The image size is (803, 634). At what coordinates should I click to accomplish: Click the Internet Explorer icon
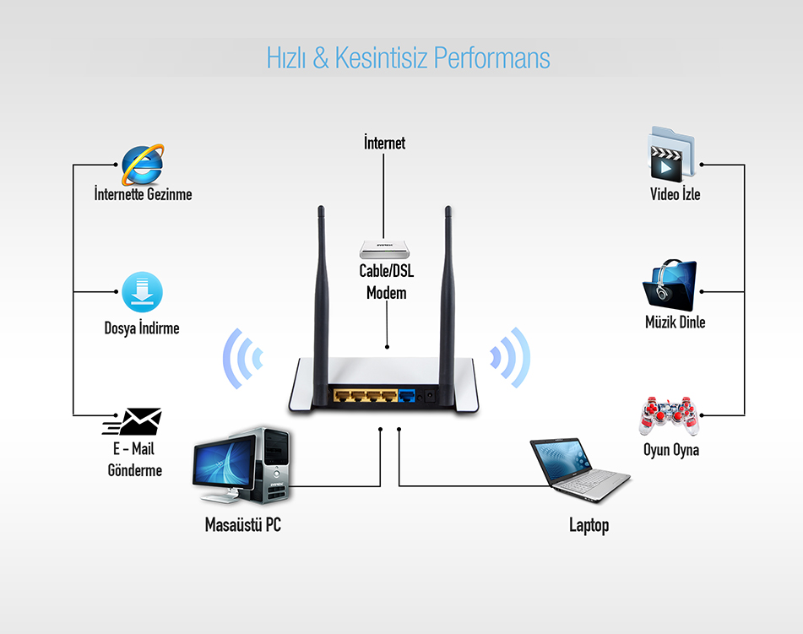pyautogui.click(x=143, y=165)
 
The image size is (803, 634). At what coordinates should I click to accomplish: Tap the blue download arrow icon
pyautogui.click(x=143, y=292)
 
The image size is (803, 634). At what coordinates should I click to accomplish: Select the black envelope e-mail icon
pyautogui.click(x=133, y=422)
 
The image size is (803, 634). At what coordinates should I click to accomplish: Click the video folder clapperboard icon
pyautogui.click(x=671, y=154)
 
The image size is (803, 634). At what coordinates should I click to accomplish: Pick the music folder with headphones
pyautogui.click(x=670, y=285)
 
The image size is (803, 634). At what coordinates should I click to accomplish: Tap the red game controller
pyautogui.click(x=669, y=415)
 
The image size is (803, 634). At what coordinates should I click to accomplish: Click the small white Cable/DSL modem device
pyautogui.click(x=384, y=249)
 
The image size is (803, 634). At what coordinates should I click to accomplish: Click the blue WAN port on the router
pyautogui.click(x=407, y=395)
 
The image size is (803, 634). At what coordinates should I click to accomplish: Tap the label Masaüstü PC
pyautogui.click(x=242, y=524)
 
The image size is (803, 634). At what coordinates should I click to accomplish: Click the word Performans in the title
pyautogui.click(x=491, y=57)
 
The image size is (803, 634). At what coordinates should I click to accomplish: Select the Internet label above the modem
pyautogui.click(x=384, y=143)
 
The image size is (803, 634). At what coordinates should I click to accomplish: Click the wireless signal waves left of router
pyautogui.click(x=242, y=359)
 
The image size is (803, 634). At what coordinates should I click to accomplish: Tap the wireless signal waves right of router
pyautogui.click(x=510, y=357)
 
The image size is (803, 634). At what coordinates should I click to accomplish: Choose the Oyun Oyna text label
pyautogui.click(x=671, y=450)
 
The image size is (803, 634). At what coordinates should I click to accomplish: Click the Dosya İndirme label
pyautogui.click(x=142, y=328)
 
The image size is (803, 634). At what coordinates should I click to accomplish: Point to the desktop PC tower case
pyautogui.click(x=274, y=465)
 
